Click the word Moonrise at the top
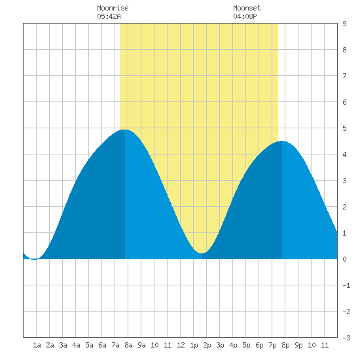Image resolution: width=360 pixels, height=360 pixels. click(x=113, y=8)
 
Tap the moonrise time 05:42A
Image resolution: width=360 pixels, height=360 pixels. click(x=109, y=16)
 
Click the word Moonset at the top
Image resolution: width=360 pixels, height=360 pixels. click(x=247, y=8)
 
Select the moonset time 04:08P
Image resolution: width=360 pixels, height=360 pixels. click(x=245, y=16)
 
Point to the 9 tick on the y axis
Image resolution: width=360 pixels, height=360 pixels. click(x=344, y=24)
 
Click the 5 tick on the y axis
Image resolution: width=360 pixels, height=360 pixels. click(x=344, y=128)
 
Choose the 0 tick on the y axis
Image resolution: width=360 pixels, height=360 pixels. click(x=344, y=259)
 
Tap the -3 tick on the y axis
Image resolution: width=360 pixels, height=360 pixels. click(x=346, y=338)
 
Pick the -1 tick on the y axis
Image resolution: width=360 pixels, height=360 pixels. click(x=346, y=285)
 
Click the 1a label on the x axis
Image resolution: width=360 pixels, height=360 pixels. click(x=37, y=345)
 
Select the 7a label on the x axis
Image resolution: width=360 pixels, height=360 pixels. click(x=115, y=345)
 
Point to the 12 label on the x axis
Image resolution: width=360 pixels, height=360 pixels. click(x=181, y=345)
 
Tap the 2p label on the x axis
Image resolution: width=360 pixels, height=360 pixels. click(x=207, y=345)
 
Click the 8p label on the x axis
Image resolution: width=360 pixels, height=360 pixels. click(x=285, y=345)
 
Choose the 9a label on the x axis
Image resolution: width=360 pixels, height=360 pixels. click(x=141, y=345)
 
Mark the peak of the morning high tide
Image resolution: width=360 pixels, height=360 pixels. click(x=124, y=130)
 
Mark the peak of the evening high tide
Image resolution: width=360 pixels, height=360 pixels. click(x=282, y=141)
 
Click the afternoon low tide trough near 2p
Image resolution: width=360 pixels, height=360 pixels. click(x=202, y=253)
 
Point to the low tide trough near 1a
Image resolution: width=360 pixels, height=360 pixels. click(x=35, y=259)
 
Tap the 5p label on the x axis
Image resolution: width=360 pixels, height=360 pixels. click(x=246, y=345)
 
